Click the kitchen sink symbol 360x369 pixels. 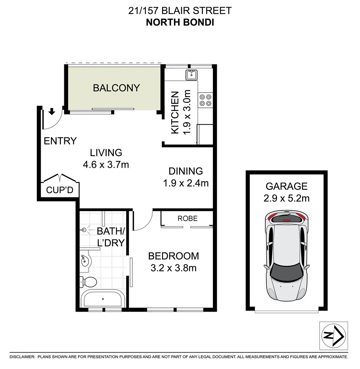coord(191,74)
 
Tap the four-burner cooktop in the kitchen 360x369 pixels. coord(205,100)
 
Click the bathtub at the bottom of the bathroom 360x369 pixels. coord(102,299)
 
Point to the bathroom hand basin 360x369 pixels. coord(85,261)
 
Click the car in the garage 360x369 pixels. coord(286,255)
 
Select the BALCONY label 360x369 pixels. coord(116,88)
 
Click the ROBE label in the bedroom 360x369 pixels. coord(187,218)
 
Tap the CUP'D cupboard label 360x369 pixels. coord(60,190)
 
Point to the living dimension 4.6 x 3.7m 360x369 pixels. coord(106,165)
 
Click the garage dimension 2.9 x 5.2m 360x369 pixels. coord(286,198)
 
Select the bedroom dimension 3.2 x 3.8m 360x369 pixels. coord(173,268)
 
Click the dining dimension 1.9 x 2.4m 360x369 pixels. coord(186,183)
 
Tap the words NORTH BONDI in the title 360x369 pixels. coord(180,23)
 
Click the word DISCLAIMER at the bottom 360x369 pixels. coord(22,357)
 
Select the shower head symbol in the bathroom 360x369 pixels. coord(84,231)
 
